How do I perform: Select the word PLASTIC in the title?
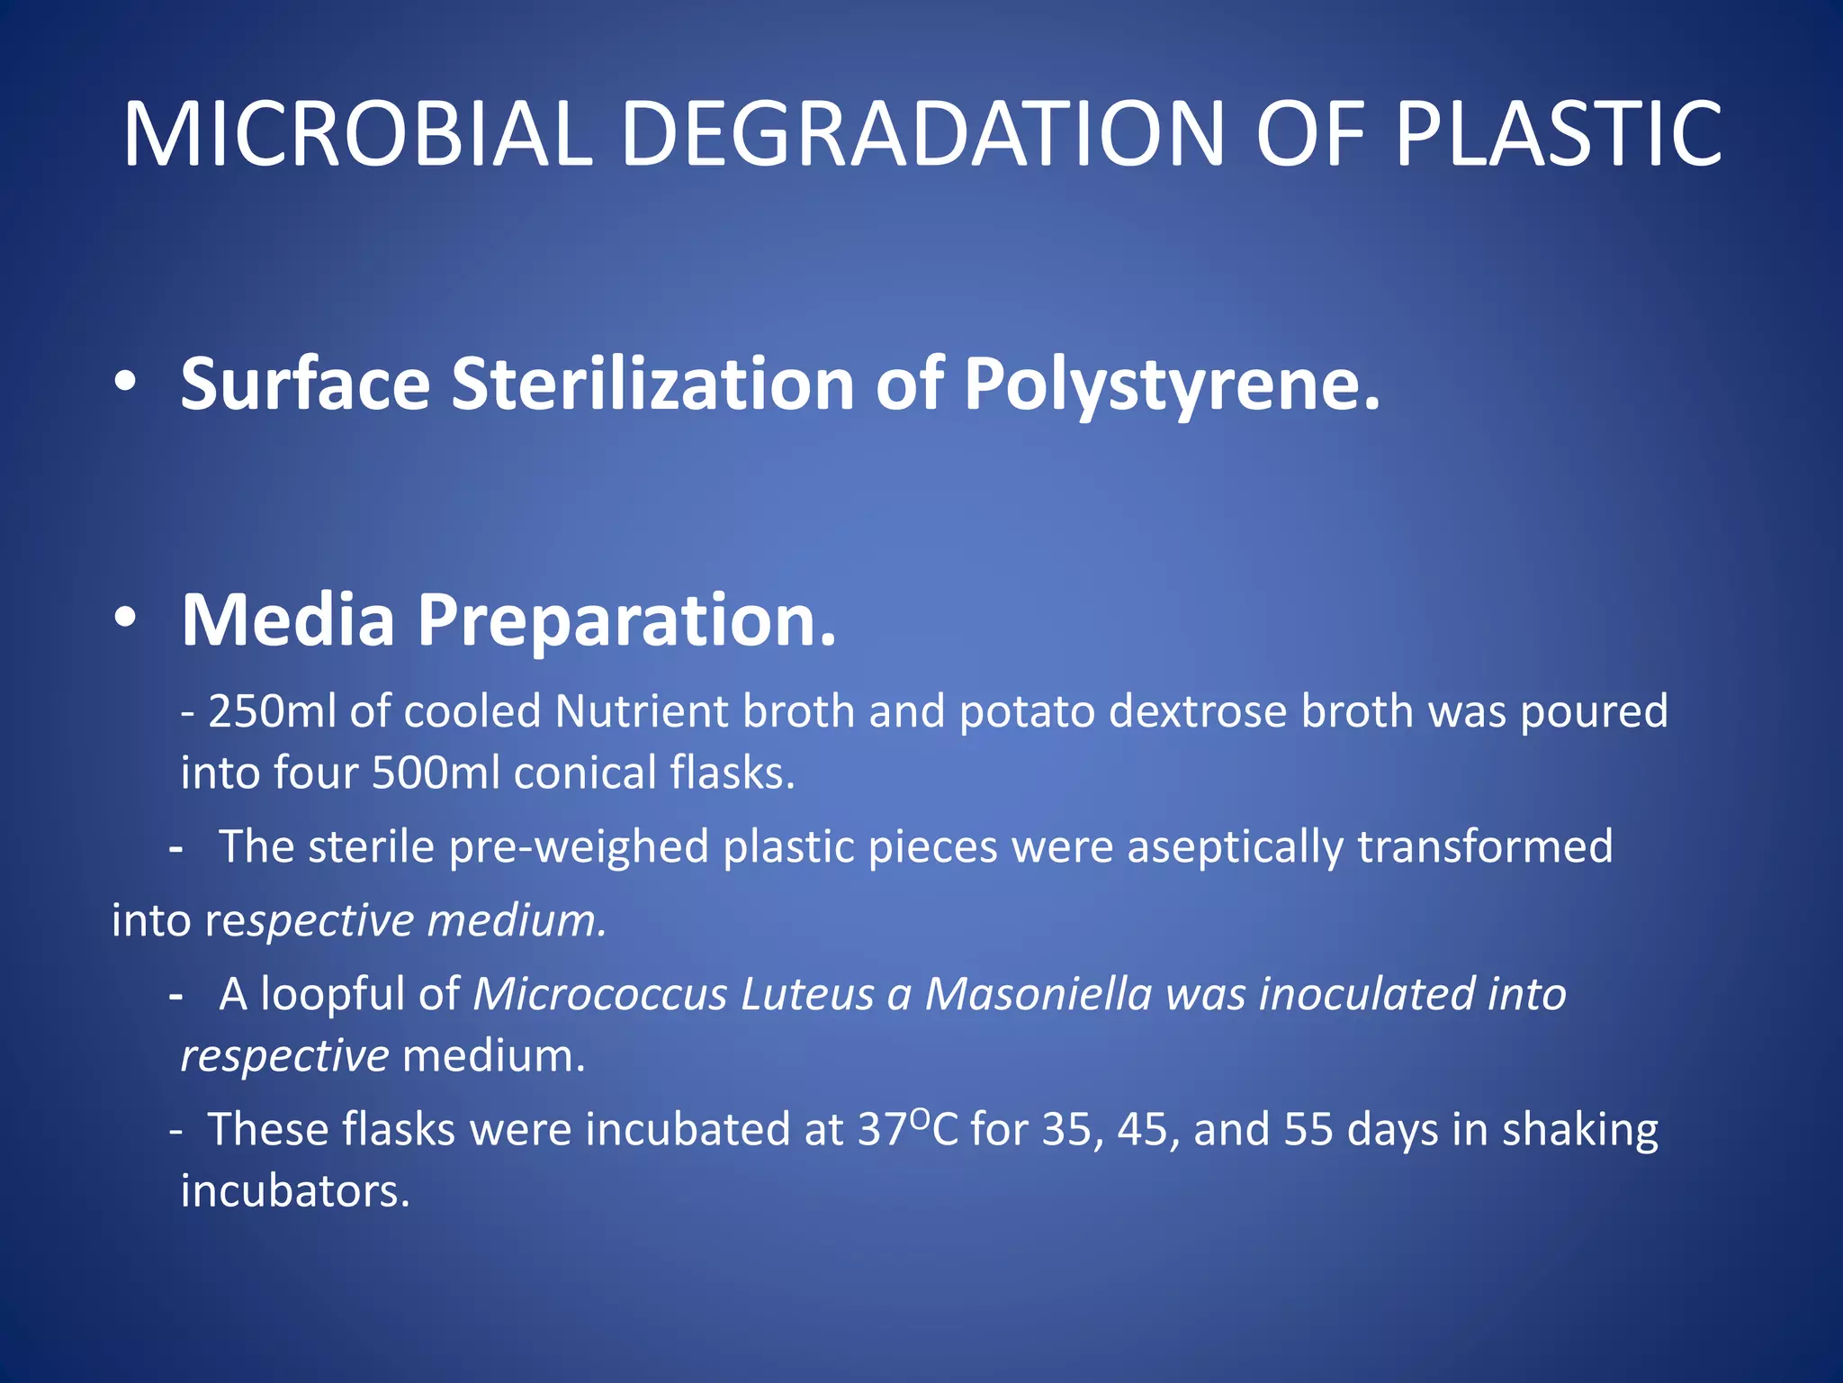(x=1558, y=135)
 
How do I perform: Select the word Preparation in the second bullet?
(x=625, y=621)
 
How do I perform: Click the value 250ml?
(x=271, y=711)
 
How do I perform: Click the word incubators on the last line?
(x=295, y=1190)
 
